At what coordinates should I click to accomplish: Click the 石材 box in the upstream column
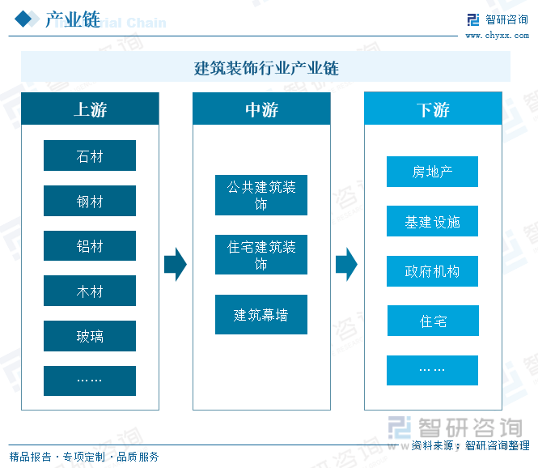pyautogui.click(x=90, y=155)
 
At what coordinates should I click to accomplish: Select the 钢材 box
pyautogui.click(x=90, y=201)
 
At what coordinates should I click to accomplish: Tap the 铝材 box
pyautogui.click(x=90, y=246)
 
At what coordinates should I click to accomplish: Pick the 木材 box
pyautogui.click(x=90, y=291)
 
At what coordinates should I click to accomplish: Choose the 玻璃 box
pyautogui.click(x=90, y=336)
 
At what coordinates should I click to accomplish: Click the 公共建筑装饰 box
pyautogui.click(x=261, y=195)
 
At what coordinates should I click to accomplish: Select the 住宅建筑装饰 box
pyautogui.click(x=261, y=255)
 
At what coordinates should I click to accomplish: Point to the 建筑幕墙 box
pyautogui.click(x=261, y=315)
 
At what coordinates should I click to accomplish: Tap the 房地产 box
pyautogui.click(x=432, y=172)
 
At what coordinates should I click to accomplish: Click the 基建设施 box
pyautogui.click(x=432, y=221)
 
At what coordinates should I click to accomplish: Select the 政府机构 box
pyautogui.click(x=432, y=271)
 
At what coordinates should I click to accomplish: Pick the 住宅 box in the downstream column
pyautogui.click(x=432, y=321)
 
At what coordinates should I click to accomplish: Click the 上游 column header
pyautogui.click(x=90, y=109)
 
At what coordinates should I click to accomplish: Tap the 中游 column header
pyautogui.click(x=261, y=109)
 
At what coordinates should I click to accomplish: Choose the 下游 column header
pyautogui.click(x=433, y=109)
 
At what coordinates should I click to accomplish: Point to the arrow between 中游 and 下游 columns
pyautogui.click(x=346, y=263)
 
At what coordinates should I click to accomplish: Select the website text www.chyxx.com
pyautogui.click(x=495, y=35)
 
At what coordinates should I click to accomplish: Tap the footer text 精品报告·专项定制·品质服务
pyautogui.click(x=84, y=457)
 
